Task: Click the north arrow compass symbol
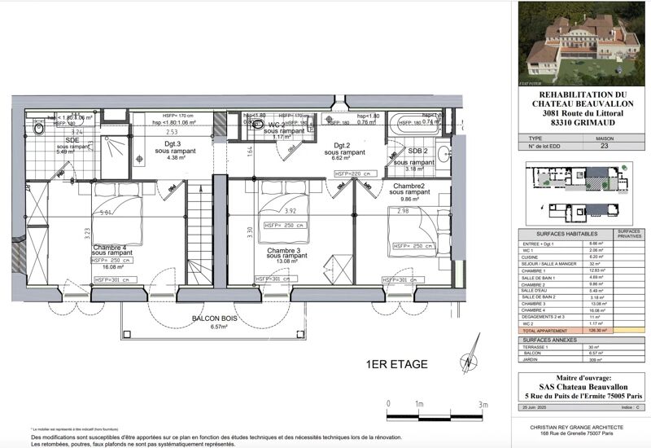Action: point(469,363)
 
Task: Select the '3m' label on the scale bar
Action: point(483,404)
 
